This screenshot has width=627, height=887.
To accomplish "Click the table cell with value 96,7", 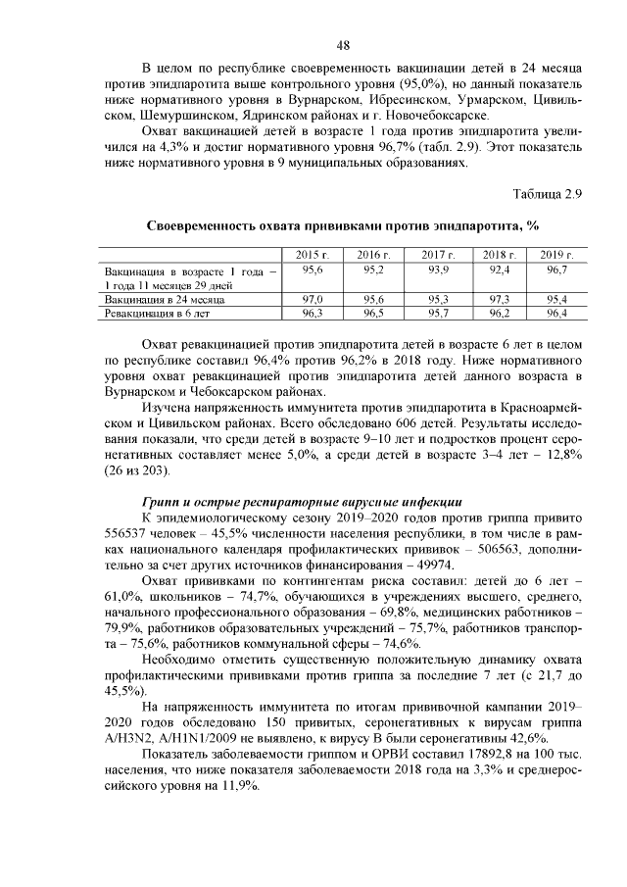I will point(555,269).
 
